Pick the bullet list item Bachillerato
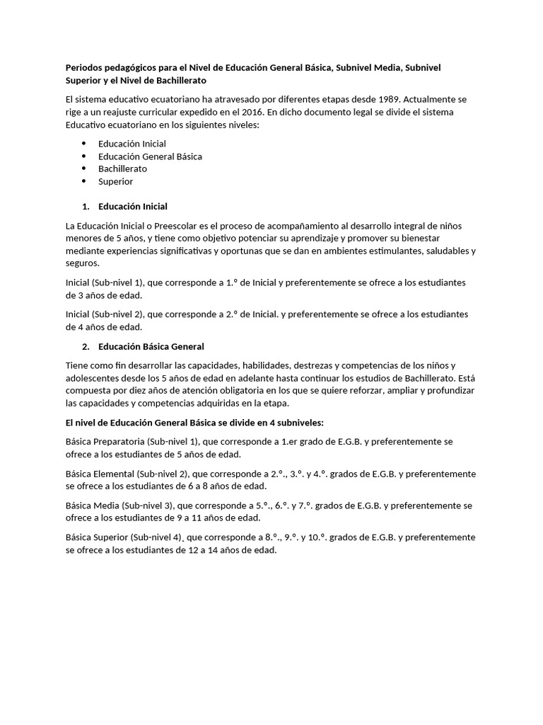pyautogui.click(x=123, y=169)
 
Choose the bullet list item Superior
pyautogui.click(x=116, y=181)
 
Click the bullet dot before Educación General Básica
pyautogui.click(x=84, y=156)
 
